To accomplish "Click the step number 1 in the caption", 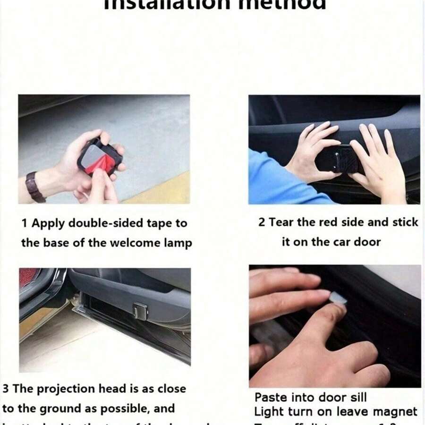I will (24, 223).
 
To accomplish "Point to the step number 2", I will (262, 222).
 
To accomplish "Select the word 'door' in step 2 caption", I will (370, 242).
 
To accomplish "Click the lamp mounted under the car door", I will (140, 311).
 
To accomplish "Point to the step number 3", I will (6, 389).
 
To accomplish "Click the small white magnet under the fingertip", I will (338, 298).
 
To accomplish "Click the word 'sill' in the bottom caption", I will (356, 397).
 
